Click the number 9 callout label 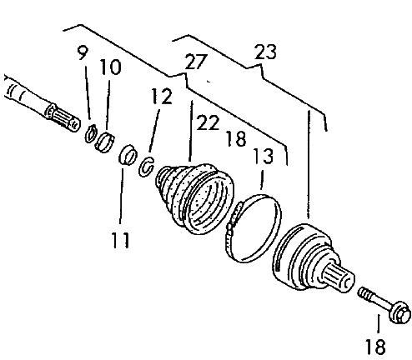pyautogui.click(x=83, y=53)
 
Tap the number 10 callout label pyautogui.click(x=110, y=67)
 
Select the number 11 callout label pyautogui.click(x=121, y=240)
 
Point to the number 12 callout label pyautogui.click(x=162, y=96)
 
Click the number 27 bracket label pyautogui.click(x=196, y=62)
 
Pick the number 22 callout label pyautogui.click(x=208, y=122)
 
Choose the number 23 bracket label pyautogui.click(x=266, y=52)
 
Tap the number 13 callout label pyautogui.click(x=263, y=156)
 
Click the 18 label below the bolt pyautogui.click(x=375, y=347)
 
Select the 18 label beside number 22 pyautogui.click(x=236, y=138)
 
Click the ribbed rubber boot pyautogui.click(x=193, y=198)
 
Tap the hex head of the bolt pyautogui.click(x=400, y=312)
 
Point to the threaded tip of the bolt pyautogui.click(x=365, y=294)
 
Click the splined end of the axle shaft pyautogui.click(x=63, y=117)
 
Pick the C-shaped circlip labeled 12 pyautogui.click(x=146, y=167)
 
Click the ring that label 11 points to pyautogui.click(x=128, y=155)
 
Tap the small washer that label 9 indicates pyautogui.click(x=90, y=133)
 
